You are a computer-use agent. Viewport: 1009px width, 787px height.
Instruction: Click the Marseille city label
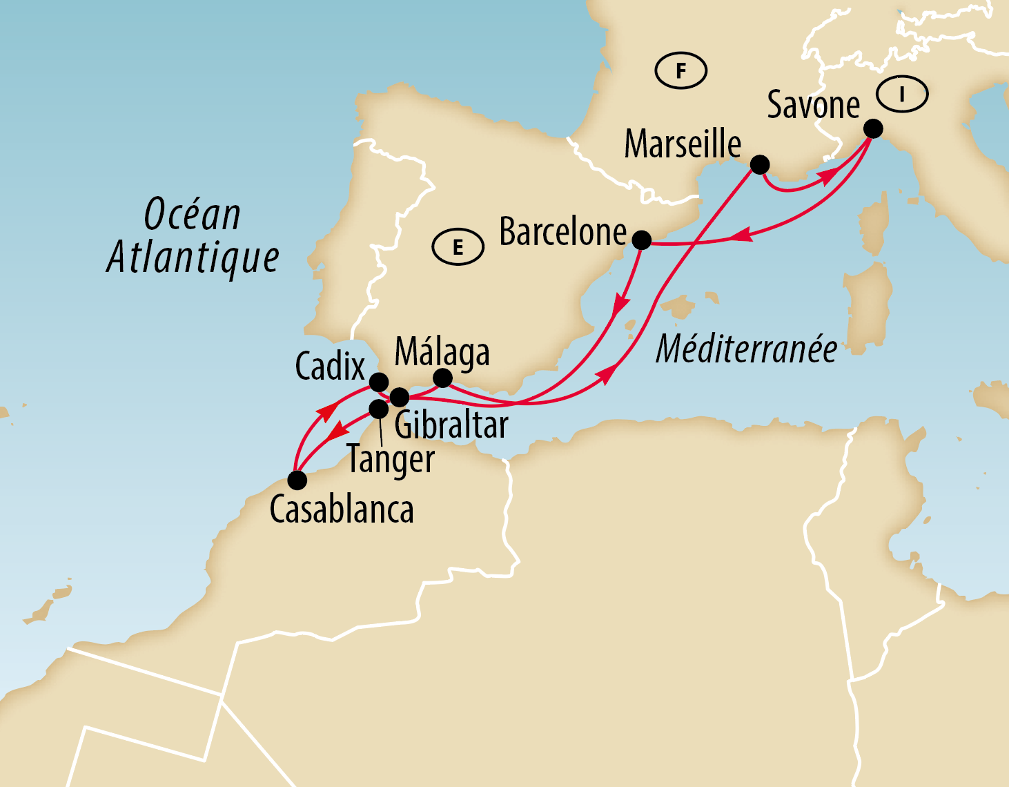(x=682, y=144)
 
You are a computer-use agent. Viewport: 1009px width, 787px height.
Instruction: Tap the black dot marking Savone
(x=873, y=129)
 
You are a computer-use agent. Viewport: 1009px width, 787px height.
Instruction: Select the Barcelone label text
(x=562, y=232)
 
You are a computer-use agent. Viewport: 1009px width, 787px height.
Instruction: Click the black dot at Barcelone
(x=641, y=240)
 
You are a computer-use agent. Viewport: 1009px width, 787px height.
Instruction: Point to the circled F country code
(x=680, y=70)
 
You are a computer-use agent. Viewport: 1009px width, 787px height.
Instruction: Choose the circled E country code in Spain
(x=458, y=247)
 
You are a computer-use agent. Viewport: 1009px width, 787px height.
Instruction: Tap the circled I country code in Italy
(x=902, y=93)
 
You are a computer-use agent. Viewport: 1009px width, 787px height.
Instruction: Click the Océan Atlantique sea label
(x=193, y=236)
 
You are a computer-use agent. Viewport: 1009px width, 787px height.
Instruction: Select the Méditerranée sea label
(x=746, y=349)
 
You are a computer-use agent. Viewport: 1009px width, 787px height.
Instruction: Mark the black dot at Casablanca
(x=297, y=480)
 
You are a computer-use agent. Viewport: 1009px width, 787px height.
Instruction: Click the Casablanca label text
(x=342, y=510)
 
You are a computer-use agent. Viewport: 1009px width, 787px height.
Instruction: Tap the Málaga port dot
(x=442, y=378)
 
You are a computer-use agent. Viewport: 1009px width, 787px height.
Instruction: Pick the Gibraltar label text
(x=451, y=425)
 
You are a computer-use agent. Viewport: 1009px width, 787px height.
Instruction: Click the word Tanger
(x=391, y=459)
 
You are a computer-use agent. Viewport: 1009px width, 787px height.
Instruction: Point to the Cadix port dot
(x=379, y=382)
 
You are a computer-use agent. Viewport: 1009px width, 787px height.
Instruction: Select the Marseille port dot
(x=759, y=164)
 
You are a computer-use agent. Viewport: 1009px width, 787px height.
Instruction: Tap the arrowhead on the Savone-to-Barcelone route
(x=740, y=235)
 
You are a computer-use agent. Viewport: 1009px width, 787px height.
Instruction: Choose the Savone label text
(x=813, y=106)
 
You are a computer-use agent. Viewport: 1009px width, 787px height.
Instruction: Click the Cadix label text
(x=329, y=366)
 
